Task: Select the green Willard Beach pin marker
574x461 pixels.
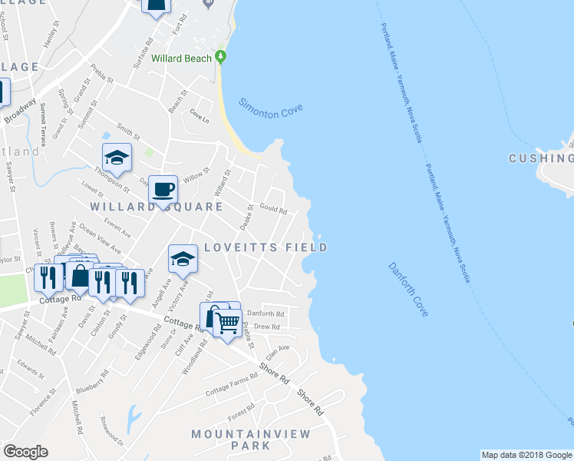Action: click(x=221, y=57)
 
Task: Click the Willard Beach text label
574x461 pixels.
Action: click(x=183, y=58)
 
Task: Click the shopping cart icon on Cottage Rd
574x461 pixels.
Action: click(x=226, y=323)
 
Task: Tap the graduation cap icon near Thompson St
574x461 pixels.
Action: click(x=117, y=157)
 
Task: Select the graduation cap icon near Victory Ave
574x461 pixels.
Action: click(x=183, y=259)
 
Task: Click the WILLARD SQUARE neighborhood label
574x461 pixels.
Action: click(x=157, y=207)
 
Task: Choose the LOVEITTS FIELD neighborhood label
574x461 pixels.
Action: click(x=266, y=247)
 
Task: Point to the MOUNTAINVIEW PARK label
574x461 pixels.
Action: click(x=251, y=439)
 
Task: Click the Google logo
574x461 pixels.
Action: click(x=25, y=452)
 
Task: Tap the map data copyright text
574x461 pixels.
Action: click(x=526, y=455)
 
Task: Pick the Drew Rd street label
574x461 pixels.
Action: click(x=267, y=327)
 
